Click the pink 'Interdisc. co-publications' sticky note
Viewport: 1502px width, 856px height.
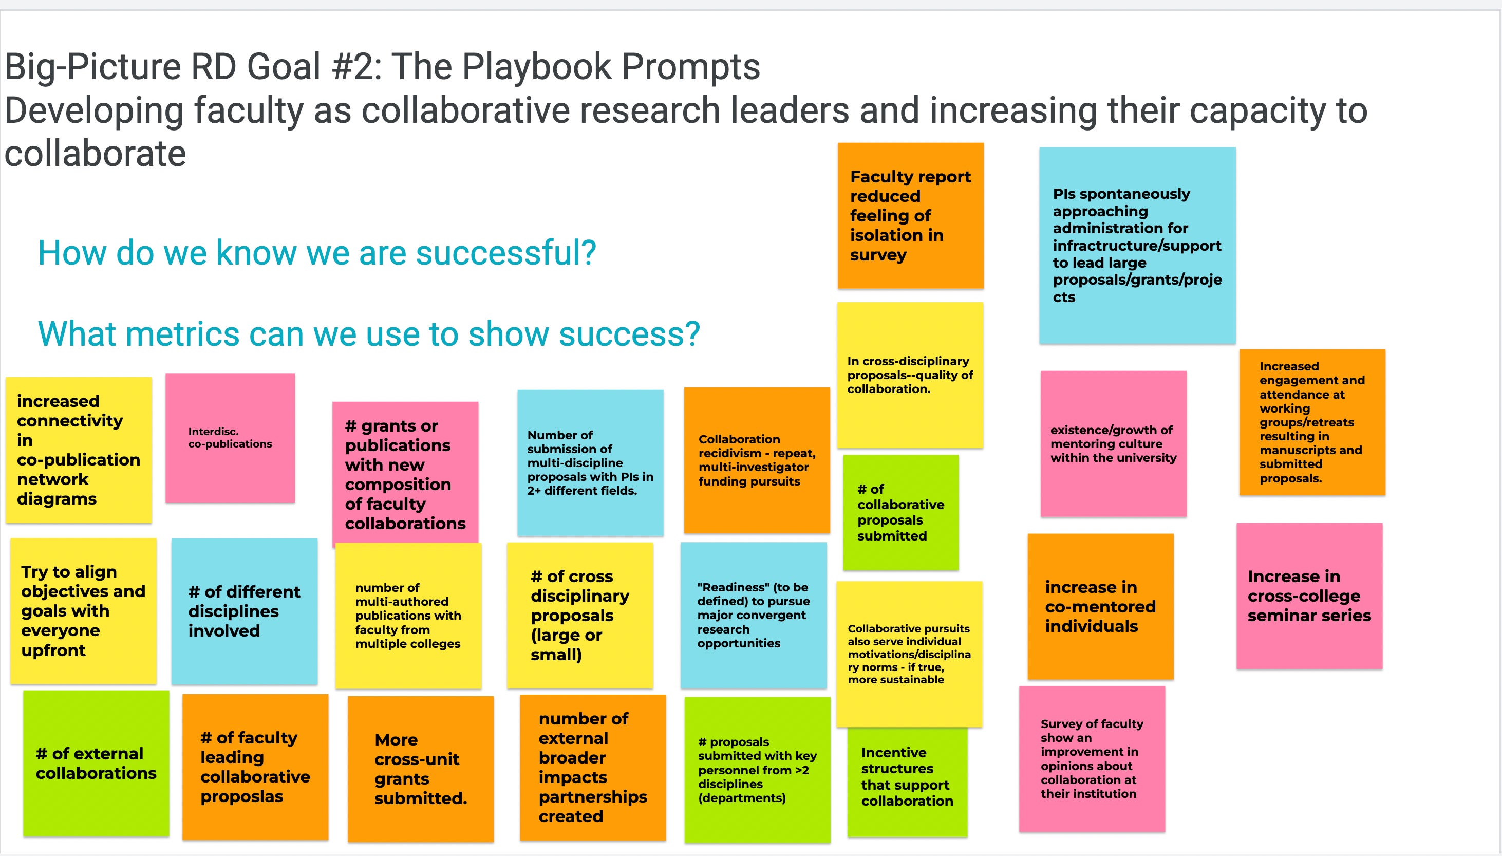(x=230, y=438)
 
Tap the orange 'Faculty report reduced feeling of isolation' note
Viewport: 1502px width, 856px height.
(x=910, y=216)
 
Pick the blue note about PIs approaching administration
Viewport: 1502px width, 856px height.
(x=1137, y=246)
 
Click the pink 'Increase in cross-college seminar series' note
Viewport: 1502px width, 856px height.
(x=1309, y=596)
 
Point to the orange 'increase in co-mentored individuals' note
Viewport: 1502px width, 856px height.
(x=1100, y=607)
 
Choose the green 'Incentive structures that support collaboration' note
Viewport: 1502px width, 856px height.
(x=907, y=782)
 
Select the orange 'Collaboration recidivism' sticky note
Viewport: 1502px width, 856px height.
(x=757, y=460)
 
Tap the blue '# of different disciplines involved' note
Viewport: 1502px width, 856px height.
(x=245, y=611)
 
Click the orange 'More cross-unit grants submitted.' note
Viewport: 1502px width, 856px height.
(x=421, y=769)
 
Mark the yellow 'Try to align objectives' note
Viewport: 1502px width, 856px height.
(x=83, y=611)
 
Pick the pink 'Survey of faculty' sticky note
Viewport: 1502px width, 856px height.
(x=1092, y=759)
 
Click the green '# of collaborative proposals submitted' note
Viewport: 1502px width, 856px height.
(x=901, y=513)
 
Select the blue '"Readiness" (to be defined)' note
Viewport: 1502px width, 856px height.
(x=754, y=616)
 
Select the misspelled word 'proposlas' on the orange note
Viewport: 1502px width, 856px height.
(x=241, y=797)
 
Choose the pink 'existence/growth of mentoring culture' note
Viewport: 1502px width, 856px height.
(x=1114, y=444)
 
